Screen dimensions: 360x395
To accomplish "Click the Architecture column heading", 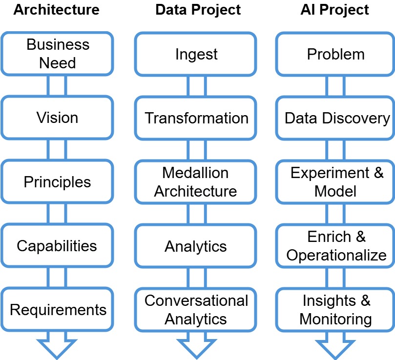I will pyautogui.click(x=57, y=10).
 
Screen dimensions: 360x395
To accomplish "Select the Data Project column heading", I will pyautogui.click(x=198, y=10).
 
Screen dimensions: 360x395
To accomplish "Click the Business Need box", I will pyautogui.click(x=58, y=54).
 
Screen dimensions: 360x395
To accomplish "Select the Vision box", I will pyautogui.click(x=58, y=118).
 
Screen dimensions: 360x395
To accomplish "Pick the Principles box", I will pyautogui.click(x=58, y=182).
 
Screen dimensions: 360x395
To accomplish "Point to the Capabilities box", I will pyautogui.click(x=58, y=246).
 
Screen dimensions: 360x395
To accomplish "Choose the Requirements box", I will pyautogui.click(x=58, y=310).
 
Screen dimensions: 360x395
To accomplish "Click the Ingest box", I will pyautogui.click(x=196, y=54).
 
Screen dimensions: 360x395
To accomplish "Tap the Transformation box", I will pyautogui.click(x=196, y=118).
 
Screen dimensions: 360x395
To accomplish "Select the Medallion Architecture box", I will pyautogui.click(x=196, y=182).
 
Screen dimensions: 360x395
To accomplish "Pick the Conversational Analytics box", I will pyautogui.click(x=196, y=310).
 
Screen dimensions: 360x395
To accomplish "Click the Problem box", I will pyautogui.click(x=335, y=54).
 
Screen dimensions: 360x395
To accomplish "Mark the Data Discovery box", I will pyautogui.click(x=335, y=118).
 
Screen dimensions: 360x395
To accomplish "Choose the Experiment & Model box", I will pyautogui.click(x=335, y=182).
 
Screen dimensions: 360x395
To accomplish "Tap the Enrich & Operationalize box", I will pyautogui.click(x=335, y=246).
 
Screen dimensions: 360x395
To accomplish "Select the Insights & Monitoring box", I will pyautogui.click(x=335, y=310).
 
